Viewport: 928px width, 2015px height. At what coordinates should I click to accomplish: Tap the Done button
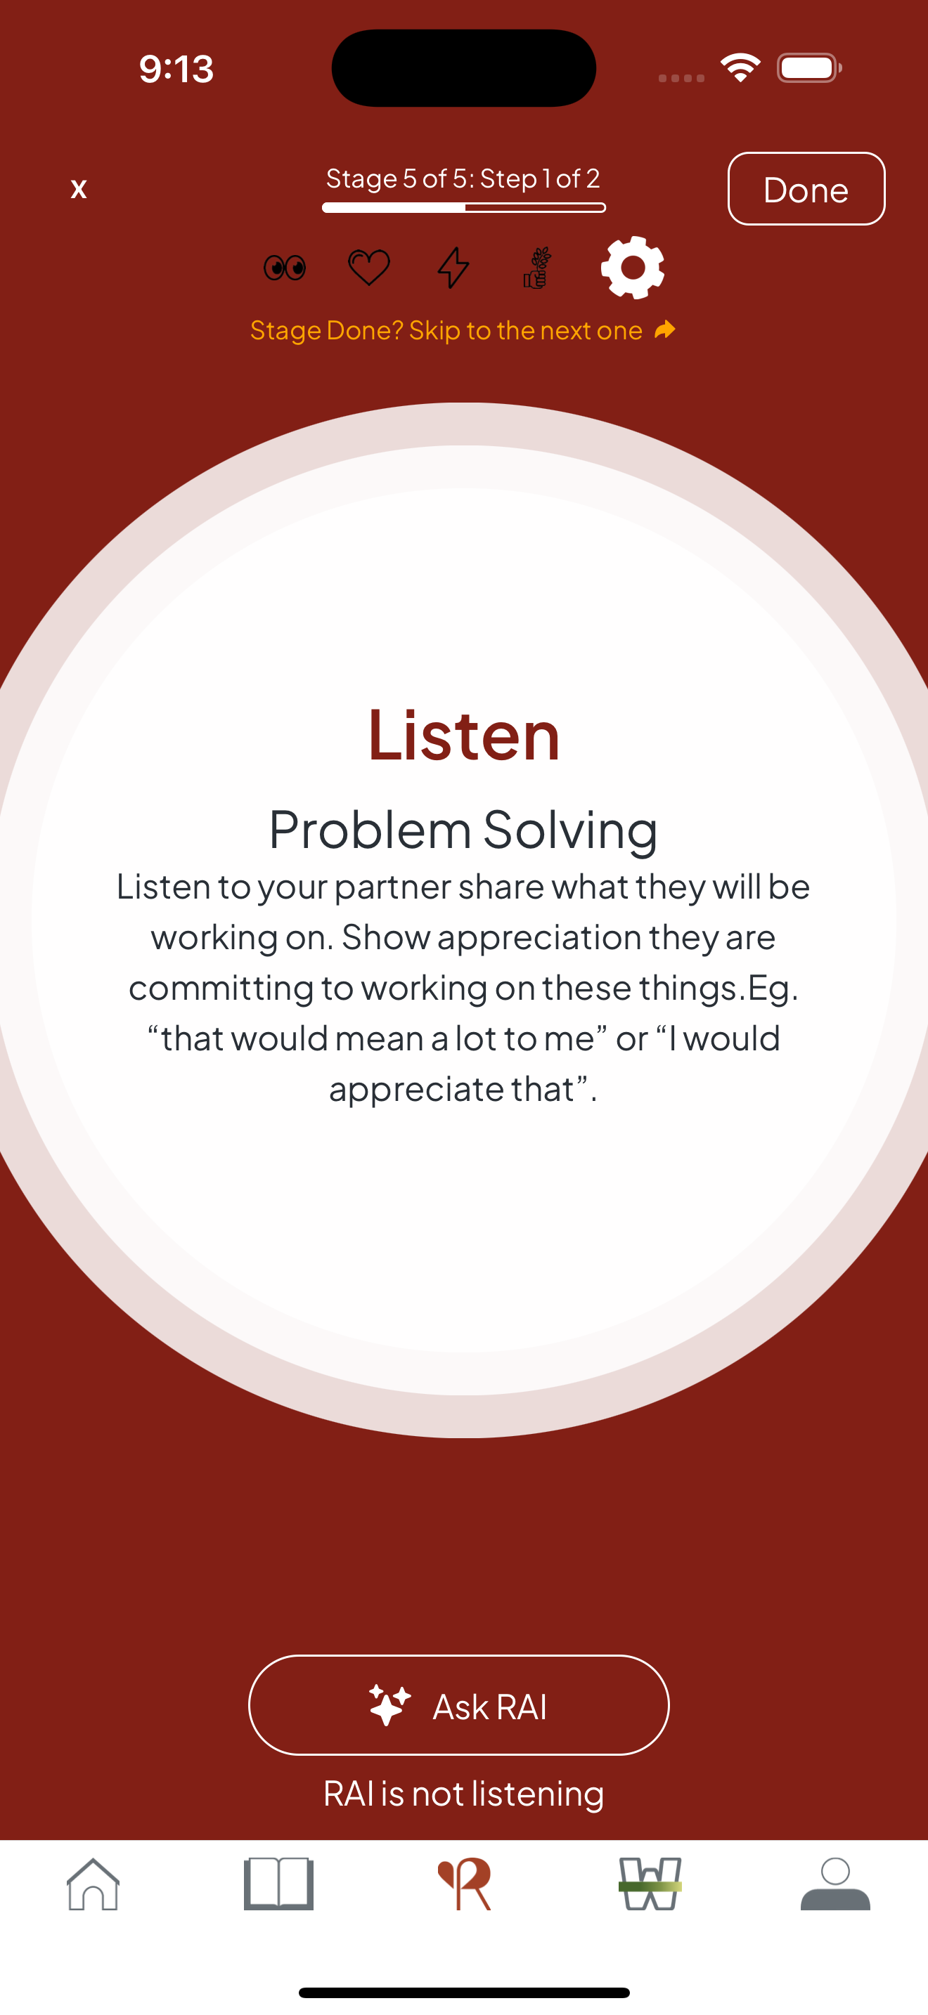point(806,188)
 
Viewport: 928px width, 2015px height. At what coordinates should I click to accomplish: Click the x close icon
point(78,188)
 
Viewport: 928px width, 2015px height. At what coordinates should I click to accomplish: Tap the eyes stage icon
point(285,268)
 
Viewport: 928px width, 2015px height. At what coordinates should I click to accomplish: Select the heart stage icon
point(368,268)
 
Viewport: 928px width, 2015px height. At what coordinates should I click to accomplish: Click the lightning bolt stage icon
point(453,268)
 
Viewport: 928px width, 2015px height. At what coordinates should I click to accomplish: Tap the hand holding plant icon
point(538,268)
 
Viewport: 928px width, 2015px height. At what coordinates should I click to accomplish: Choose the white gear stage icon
point(632,268)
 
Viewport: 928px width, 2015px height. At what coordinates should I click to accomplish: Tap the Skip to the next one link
point(446,331)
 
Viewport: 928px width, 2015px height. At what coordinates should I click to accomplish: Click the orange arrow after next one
point(665,330)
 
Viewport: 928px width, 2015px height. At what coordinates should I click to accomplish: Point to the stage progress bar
point(464,207)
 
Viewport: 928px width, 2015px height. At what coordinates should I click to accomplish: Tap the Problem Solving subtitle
point(464,829)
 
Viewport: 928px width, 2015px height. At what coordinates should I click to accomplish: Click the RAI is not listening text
point(464,1794)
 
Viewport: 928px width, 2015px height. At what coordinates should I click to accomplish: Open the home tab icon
point(93,1884)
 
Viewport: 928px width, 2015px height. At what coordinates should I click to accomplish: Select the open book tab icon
point(278,1884)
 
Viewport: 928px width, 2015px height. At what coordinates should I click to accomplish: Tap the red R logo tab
point(464,1884)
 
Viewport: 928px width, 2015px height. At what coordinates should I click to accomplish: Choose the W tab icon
point(650,1884)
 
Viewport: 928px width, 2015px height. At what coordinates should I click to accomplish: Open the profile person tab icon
point(835,1884)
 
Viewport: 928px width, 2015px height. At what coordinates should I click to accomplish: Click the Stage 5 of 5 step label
point(463,179)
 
